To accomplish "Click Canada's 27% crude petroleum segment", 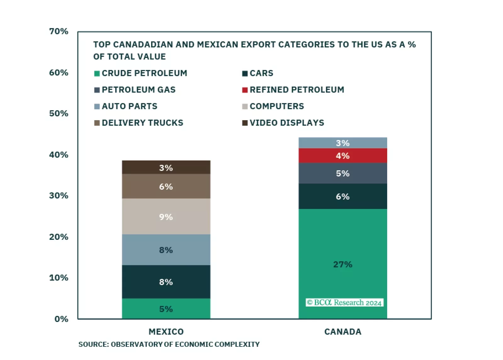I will click(x=342, y=252).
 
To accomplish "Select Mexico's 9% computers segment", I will click(x=166, y=217).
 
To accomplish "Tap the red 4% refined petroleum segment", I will click(x=342, y=155).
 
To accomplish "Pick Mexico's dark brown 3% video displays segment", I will click(x=166, y=167).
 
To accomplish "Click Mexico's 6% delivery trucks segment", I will click(x=166, y=186).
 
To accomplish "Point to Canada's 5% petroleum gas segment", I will click(x=342, y=173).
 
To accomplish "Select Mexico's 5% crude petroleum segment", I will click(x=166, y=309).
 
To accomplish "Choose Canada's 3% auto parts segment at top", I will click(x=342, y=143).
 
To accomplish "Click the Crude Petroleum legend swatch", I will click(x=97, y=73).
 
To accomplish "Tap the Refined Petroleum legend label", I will click(x=297, y=90).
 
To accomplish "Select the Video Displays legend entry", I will click(x=286, y=123).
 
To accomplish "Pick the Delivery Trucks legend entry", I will click(x=142, y=123).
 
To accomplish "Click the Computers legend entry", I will click(x=277, y=106).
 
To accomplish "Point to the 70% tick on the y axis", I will click(x=59, y=31).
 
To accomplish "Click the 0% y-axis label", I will click(x=61, y=319).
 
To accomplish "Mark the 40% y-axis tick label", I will click(x=59, y=155).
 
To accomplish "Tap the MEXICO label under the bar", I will click(x=166, y=332).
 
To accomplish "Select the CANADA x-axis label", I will click(x=342, y=332).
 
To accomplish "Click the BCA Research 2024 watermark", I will click(x=344, y=302).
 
